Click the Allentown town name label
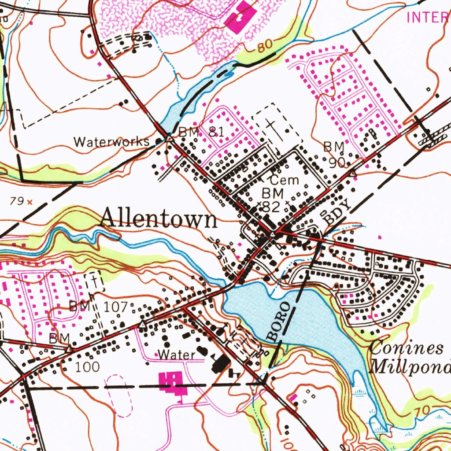(x=159, y=218)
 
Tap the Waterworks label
(x=111, y=142)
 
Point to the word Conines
(x=406, y=348)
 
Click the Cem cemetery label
(x=284, y=180)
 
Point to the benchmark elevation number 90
(x=337, y=163)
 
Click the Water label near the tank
(x=176, y=355)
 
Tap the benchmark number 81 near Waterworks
(x=216, y=132)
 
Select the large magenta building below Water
(x=172, y=381)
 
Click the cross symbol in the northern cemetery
(x=270, y=127)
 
